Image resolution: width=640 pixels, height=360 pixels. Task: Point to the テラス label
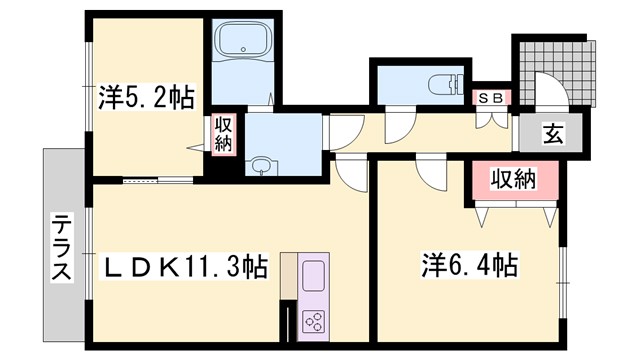tap(61, 247)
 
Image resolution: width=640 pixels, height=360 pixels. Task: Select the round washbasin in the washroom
tap(263, 164)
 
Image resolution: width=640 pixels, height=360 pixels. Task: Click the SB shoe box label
tap(491, 97)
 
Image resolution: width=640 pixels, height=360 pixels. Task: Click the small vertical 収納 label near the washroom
tap(223, 134)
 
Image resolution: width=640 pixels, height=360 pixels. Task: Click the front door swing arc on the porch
tap(549, 90)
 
